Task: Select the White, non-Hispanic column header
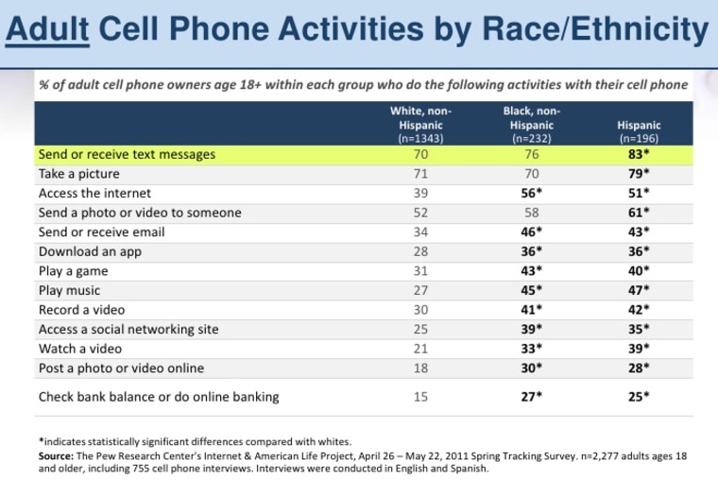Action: [417, 124]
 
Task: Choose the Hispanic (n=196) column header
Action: [639, 130]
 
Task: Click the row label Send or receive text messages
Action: [127, 153]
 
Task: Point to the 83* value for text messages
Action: [640, 153]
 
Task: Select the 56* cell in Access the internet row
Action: [531, 194]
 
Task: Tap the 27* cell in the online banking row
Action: [531, 397]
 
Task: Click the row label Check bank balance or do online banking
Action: [158, 397]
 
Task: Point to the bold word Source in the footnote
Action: [59, 454]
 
